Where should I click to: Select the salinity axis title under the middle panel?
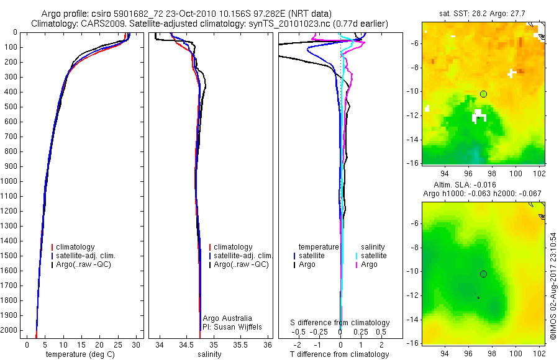209,354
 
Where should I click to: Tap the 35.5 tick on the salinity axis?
241,344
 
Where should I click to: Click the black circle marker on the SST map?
483,94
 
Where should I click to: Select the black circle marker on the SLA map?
483,274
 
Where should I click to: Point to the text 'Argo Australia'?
227,318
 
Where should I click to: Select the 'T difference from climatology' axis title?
339,354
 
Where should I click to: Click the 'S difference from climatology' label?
340,323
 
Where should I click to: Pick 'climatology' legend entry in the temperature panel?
76,247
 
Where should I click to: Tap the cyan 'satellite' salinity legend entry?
374,256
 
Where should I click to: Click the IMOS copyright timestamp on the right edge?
553,286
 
